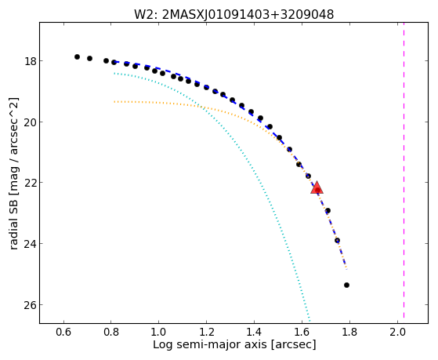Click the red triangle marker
click(317, 188)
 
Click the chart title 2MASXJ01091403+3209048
click(248, 15)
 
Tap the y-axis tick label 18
click(30, 61)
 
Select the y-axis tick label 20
click(30, 122)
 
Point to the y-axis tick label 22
click(30, 183)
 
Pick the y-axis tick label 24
click(30, 244)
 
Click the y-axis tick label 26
click(30, 304)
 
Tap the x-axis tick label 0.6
click(63, 332)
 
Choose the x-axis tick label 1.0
click(158, 332)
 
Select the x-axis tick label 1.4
click(254, 332)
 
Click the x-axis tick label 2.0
click(397, 332)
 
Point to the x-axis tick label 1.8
click(349, 332)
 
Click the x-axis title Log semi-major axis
click(209, 344)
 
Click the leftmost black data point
click(77, 56)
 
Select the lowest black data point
click(346, 285)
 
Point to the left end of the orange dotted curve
click(114, 101)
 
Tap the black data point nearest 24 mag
click(337, 240)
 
